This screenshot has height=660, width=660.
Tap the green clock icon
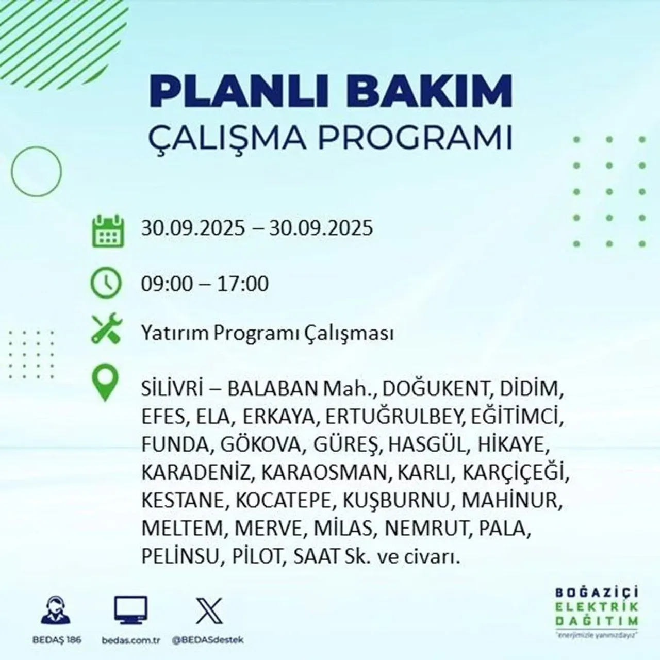[107, 284]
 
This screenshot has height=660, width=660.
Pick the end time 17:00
[243, 284]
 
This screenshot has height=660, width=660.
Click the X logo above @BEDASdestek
[209, 610]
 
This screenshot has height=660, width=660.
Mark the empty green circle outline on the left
[36, 171]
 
